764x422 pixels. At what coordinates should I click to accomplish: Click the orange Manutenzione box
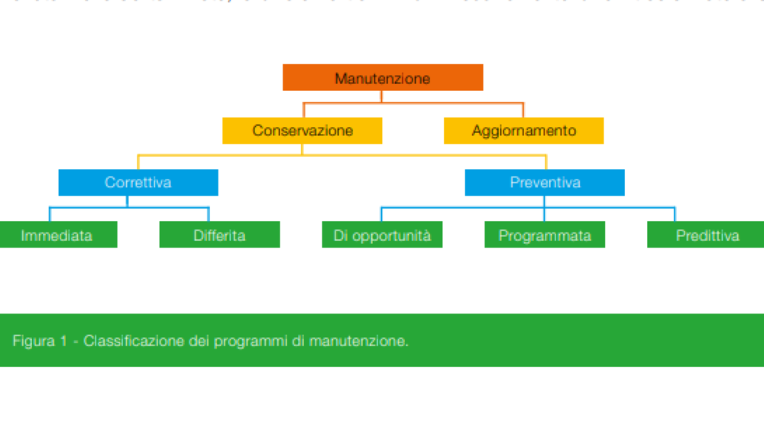click(382, 78)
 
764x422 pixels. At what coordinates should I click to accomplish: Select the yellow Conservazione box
click(302, 131)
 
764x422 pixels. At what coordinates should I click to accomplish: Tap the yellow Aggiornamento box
click(523, 131)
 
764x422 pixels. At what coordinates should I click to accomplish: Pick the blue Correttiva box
click(138, 183)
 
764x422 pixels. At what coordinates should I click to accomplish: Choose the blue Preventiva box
click(545, 183)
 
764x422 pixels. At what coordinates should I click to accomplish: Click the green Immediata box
click(57, 235)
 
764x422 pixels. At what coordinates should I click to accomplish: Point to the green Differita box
click(219, 235)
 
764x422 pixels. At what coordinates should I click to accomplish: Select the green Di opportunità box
click(382, 235)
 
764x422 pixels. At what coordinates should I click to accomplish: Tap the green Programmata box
click(545, 235)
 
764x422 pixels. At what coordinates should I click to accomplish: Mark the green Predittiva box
click(707, 235)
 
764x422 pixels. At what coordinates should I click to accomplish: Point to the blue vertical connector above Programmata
click(545, 214)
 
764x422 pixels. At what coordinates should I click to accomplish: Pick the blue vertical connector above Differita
click(209, 214)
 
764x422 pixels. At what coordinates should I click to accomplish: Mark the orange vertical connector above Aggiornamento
click(523, 109)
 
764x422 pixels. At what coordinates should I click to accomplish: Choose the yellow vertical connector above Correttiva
click(138, 161)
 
